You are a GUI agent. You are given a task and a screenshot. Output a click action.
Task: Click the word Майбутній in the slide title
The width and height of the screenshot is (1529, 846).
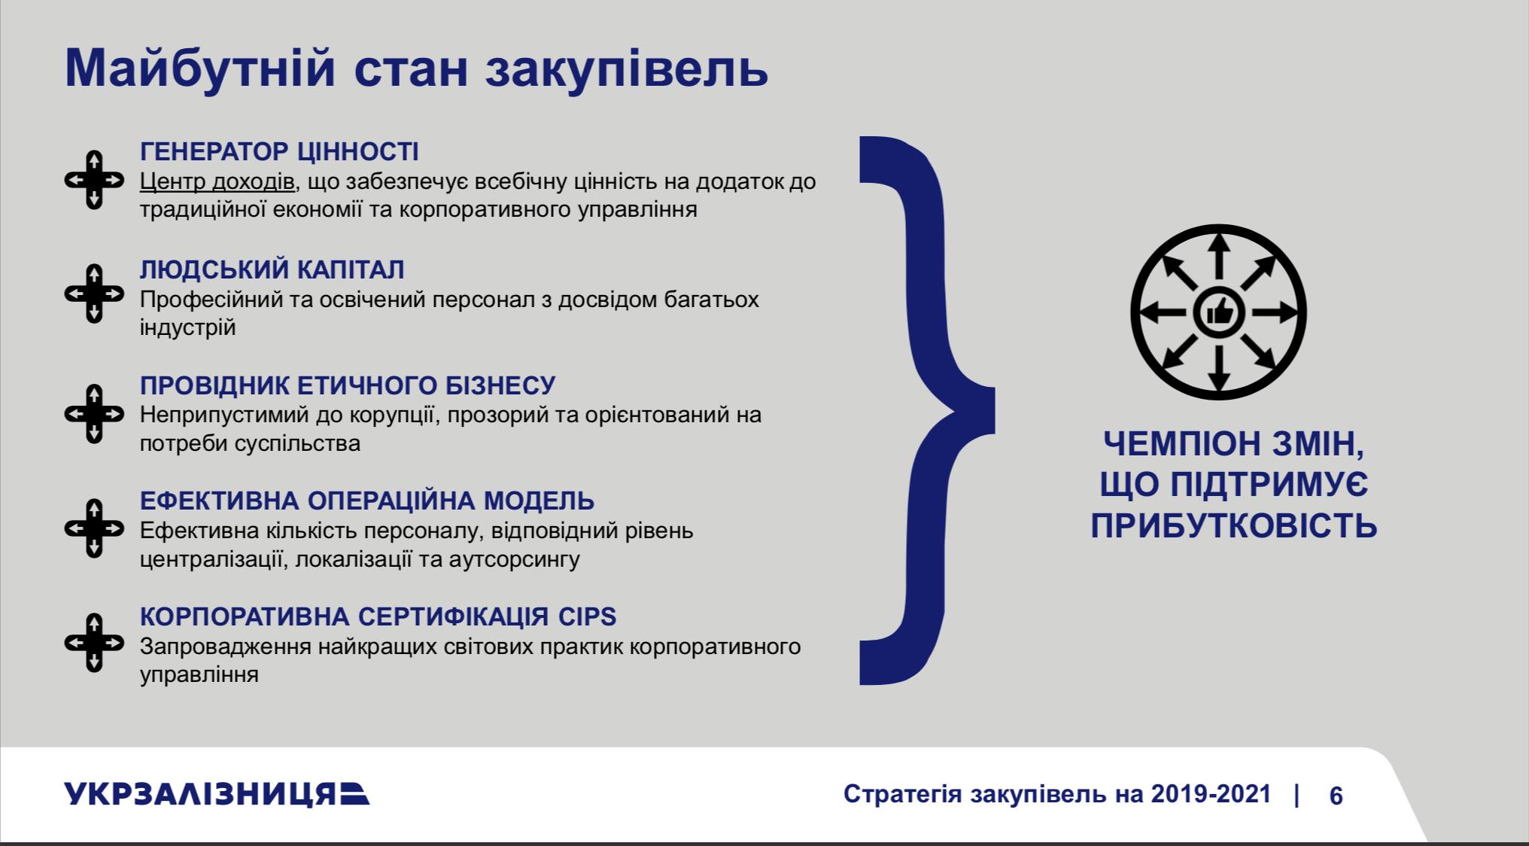199,69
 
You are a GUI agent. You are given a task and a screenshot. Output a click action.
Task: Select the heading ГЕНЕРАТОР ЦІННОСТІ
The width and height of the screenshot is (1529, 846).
279,152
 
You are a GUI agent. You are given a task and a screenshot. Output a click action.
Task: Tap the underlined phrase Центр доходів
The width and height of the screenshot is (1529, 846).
217,182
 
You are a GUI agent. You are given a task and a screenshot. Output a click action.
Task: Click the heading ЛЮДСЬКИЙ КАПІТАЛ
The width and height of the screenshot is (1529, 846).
272,269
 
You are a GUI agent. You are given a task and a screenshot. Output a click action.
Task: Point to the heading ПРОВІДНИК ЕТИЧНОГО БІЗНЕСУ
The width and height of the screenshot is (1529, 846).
348,385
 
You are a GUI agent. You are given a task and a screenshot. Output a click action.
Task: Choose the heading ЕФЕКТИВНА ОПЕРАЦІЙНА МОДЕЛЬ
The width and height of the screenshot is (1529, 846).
367,501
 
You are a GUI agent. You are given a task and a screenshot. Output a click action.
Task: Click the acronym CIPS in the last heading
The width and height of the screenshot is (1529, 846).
587,617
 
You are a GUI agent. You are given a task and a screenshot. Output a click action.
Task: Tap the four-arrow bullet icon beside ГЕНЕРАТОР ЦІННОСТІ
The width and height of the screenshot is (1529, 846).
94,180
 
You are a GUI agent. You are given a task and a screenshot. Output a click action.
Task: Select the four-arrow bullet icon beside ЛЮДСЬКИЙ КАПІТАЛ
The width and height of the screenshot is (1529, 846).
94,294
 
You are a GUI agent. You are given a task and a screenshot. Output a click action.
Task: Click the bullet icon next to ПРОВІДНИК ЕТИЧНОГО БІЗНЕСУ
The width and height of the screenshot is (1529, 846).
94,414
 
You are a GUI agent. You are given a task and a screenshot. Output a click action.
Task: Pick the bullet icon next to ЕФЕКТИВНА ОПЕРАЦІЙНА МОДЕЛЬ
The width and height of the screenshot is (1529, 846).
94,528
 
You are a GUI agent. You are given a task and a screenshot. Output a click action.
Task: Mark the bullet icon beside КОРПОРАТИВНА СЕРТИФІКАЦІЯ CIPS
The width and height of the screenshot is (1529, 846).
94,643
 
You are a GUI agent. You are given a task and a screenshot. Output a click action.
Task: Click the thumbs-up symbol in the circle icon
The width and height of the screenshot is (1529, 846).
1219,311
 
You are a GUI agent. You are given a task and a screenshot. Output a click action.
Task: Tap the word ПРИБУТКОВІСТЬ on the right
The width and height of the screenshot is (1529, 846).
1234,527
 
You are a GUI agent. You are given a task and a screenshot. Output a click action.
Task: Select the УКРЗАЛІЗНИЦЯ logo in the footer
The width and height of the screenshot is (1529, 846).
217,795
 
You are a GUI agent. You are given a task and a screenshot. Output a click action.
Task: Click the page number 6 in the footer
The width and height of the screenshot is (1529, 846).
1336,796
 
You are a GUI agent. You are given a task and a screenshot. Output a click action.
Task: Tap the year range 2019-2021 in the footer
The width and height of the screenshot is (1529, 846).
1211,794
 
